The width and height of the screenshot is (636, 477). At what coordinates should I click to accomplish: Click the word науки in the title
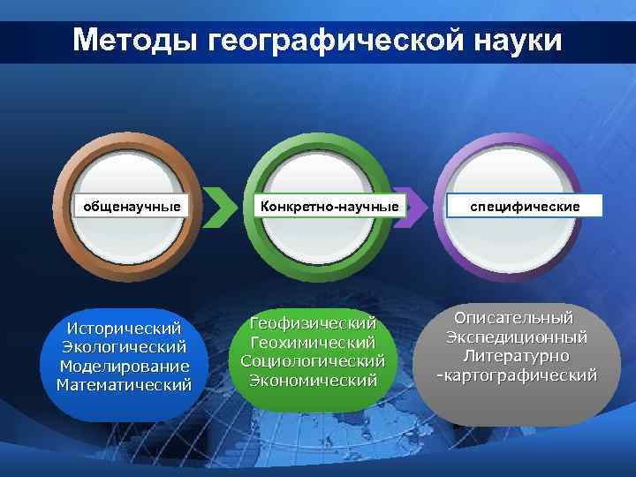tap(516, 41)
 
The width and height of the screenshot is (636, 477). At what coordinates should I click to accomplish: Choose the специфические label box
tap(525, 206)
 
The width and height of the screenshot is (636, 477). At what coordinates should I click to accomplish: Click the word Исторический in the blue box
tap(124, 328)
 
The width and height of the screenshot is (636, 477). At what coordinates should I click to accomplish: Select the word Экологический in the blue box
tap(124, 346)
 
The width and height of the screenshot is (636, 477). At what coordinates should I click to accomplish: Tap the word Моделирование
tap(124, 366)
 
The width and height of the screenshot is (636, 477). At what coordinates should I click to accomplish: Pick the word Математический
tap(124, 384)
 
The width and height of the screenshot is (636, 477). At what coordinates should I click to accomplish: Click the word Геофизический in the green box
tap(313, 322)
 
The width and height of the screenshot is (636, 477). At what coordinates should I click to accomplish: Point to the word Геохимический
tap(313, 342)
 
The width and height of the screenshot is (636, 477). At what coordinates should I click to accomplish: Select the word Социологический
tap(313, 360)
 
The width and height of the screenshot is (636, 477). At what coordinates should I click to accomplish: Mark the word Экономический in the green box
tap(313, 380)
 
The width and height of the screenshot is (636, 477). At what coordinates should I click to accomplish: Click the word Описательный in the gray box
tap(513, 318)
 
